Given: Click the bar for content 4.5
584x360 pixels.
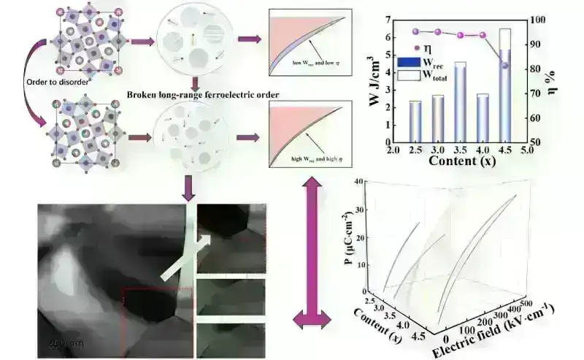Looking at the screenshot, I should coord(504,95).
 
